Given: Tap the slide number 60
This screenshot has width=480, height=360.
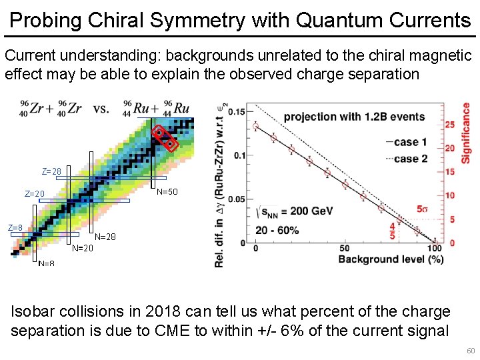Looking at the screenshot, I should [x=471, y=351].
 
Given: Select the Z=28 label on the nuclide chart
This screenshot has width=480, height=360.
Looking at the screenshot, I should [x=51, y=172].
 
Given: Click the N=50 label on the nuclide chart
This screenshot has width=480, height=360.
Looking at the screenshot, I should [x=167, y=193].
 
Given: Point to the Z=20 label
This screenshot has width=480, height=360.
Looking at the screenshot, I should [x=35, y=195].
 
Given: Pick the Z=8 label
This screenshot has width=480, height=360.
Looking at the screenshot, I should [x=15, y=228].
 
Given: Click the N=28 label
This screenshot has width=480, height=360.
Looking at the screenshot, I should [x=105, y=237].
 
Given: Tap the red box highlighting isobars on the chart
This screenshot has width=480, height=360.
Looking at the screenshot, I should [x=165, y=138].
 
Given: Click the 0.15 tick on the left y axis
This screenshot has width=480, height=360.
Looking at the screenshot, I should [x=237, y=111].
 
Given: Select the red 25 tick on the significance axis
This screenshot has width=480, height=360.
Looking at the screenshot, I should [x=450, y=125].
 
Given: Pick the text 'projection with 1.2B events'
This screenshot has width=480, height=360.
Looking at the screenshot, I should [x=354, y=117].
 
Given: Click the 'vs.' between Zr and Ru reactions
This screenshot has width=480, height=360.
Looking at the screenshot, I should [x=101, y=109].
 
